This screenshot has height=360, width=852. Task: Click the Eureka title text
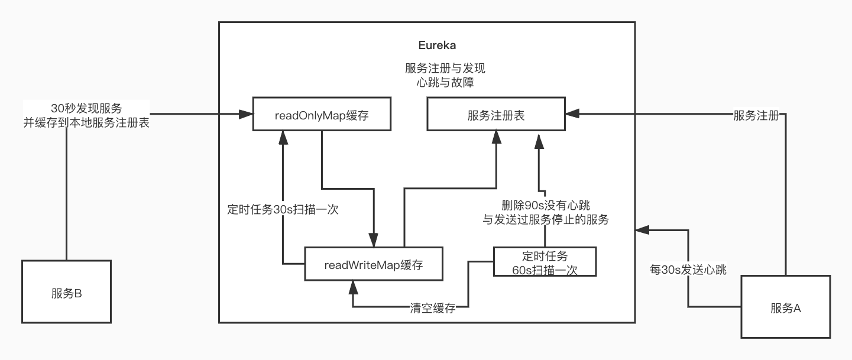[437, 46]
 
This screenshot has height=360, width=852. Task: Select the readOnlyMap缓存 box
[322, 115]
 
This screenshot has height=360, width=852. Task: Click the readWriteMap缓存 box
[374, 264]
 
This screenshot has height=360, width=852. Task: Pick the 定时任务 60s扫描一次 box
[545, 262]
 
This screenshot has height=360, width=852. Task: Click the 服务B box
[66, 292]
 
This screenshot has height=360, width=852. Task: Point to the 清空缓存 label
[433, 307]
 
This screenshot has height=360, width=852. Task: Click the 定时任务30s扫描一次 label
[283, 209]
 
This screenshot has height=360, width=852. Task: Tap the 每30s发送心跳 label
[688, 269]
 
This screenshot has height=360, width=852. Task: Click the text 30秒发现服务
[86, 108]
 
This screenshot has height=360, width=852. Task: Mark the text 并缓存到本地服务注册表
[86, 123]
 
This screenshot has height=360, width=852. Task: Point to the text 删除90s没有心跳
[545, 205]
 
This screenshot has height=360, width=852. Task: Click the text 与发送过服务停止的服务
[545, 219]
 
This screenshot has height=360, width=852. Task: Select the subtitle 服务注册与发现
[445, 68]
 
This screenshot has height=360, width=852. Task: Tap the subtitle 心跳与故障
[445, 82]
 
